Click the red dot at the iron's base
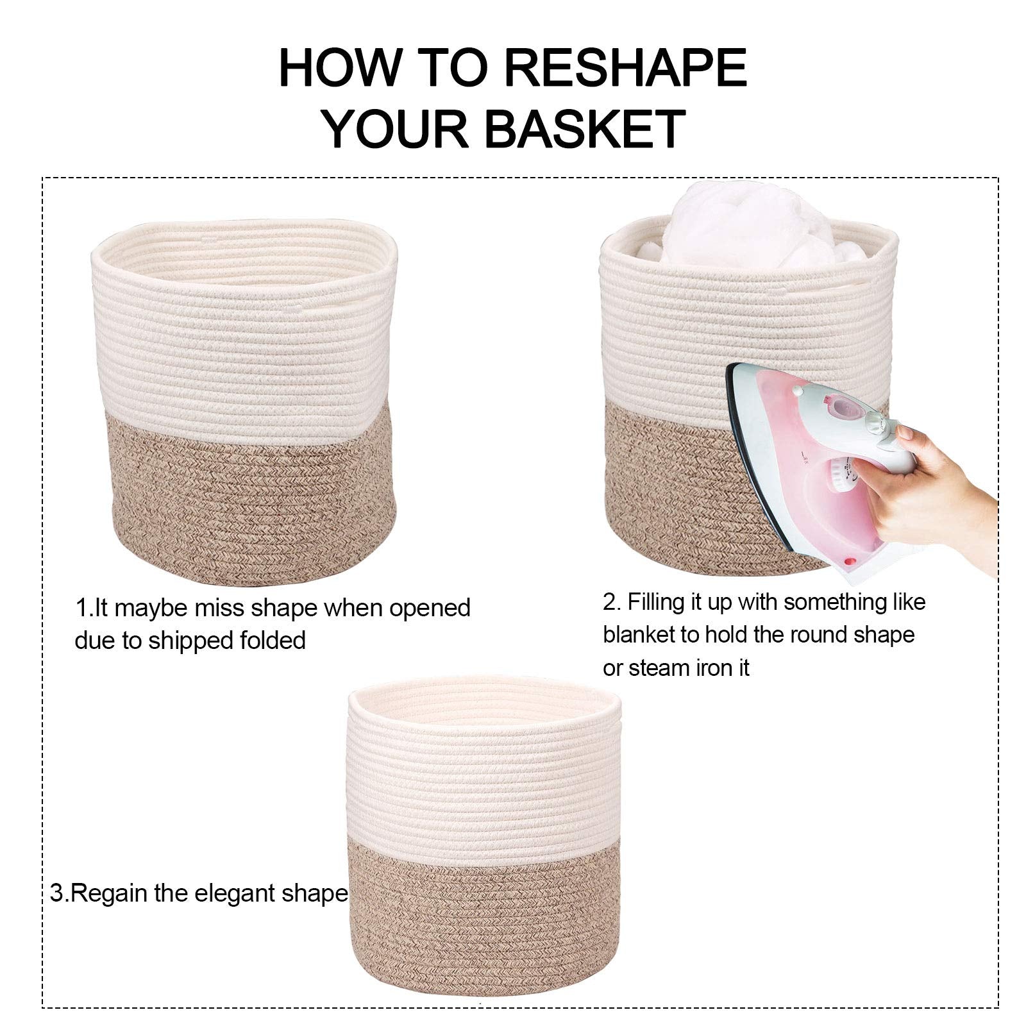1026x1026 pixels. click(851, 562)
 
